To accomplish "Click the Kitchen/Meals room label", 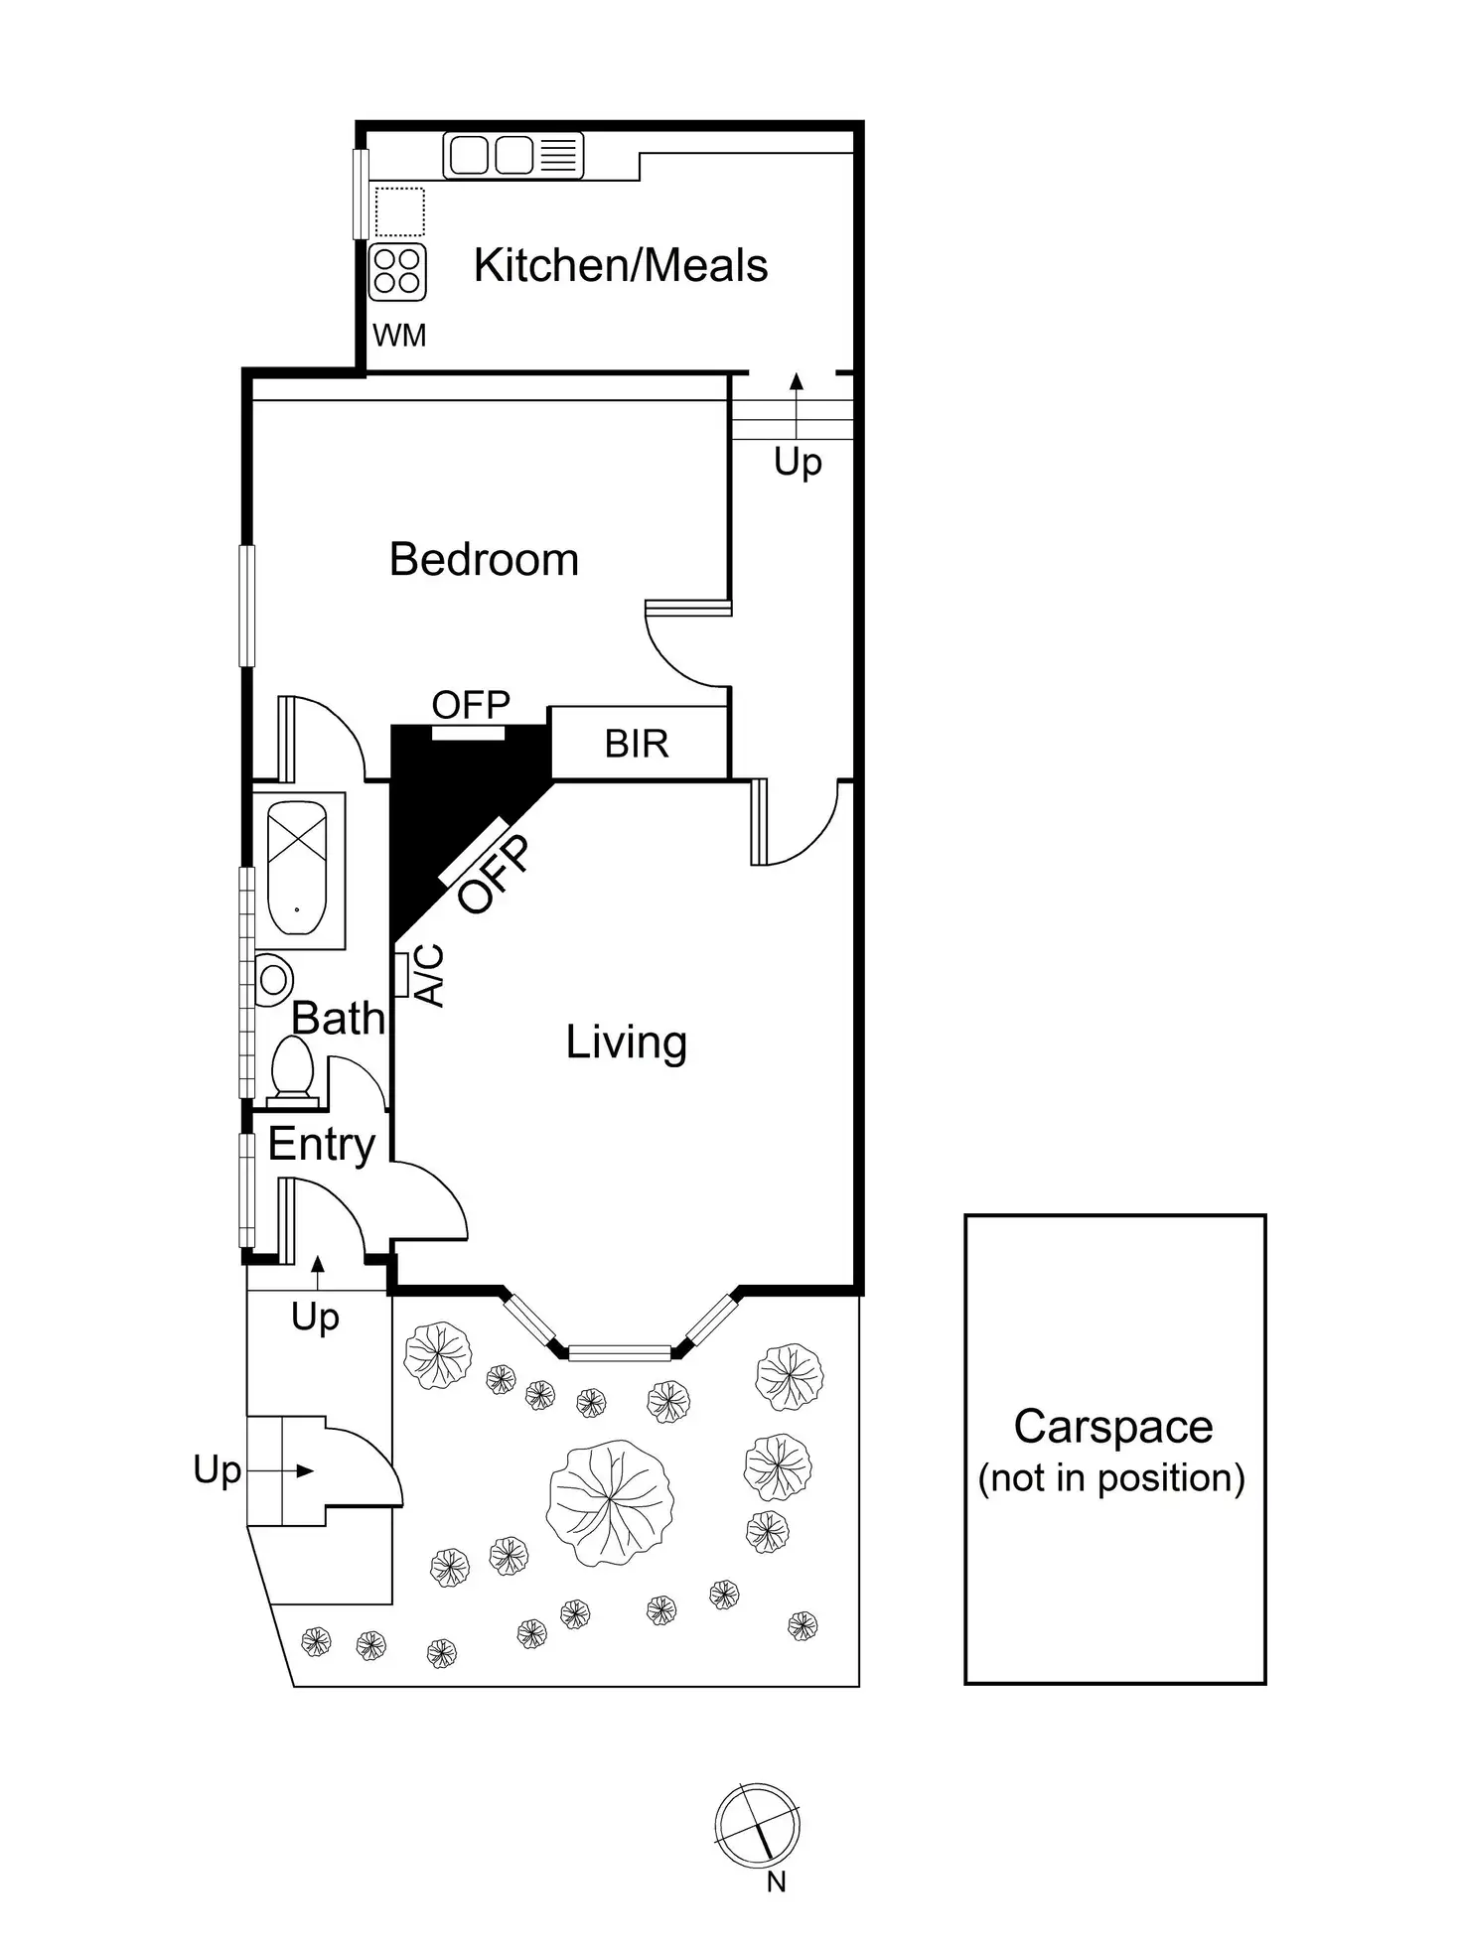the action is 621,266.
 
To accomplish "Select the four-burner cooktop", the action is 397,271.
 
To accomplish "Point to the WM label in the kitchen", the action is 399,336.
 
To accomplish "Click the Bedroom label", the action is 484,560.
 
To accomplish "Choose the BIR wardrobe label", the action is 637,744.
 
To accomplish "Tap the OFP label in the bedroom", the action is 471,706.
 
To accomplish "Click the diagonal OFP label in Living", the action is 495,874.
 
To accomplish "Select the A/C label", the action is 429,975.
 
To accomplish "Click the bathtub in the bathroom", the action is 297,868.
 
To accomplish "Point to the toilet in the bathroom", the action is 292,1070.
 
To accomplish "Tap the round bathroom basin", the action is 273,980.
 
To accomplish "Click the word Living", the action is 626,1043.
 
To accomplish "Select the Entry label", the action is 321,1145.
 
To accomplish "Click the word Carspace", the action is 1112,1427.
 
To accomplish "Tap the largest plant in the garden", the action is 609,1502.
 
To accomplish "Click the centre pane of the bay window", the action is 619,1352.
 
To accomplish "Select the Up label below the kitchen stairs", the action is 798,463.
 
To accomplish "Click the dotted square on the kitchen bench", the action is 399,210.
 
